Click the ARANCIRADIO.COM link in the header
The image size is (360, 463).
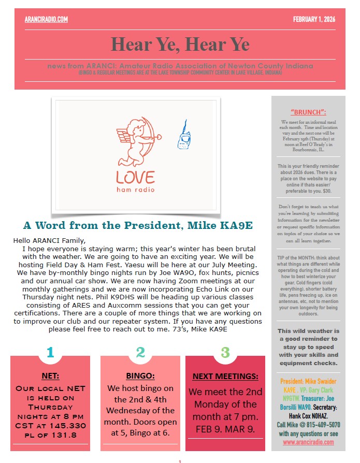pyautogui.click(x=46, y=20)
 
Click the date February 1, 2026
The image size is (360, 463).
pyautogui.click(x=314, y=20)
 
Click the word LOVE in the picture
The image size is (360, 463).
pyautogui.click(x=135, y=178)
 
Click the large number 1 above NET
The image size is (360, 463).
pyautogui.click(x=50, y=353)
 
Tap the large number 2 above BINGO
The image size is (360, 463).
pyautogui.click(x=140, y=353)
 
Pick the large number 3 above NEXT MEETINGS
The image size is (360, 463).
pyautogui.click(x=225, y=353)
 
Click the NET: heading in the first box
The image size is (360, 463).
pyautogui.click(x=50, y=376)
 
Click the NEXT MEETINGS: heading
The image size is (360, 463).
pyautogui.click(x=225, y=376)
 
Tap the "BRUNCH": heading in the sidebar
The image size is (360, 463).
pyautogui.click(x=308, y=112)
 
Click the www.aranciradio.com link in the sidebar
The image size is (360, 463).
pyautogui.click(x=308, y=442)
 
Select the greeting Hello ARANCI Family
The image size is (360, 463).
pyautogui.click(x=49, y=240)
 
